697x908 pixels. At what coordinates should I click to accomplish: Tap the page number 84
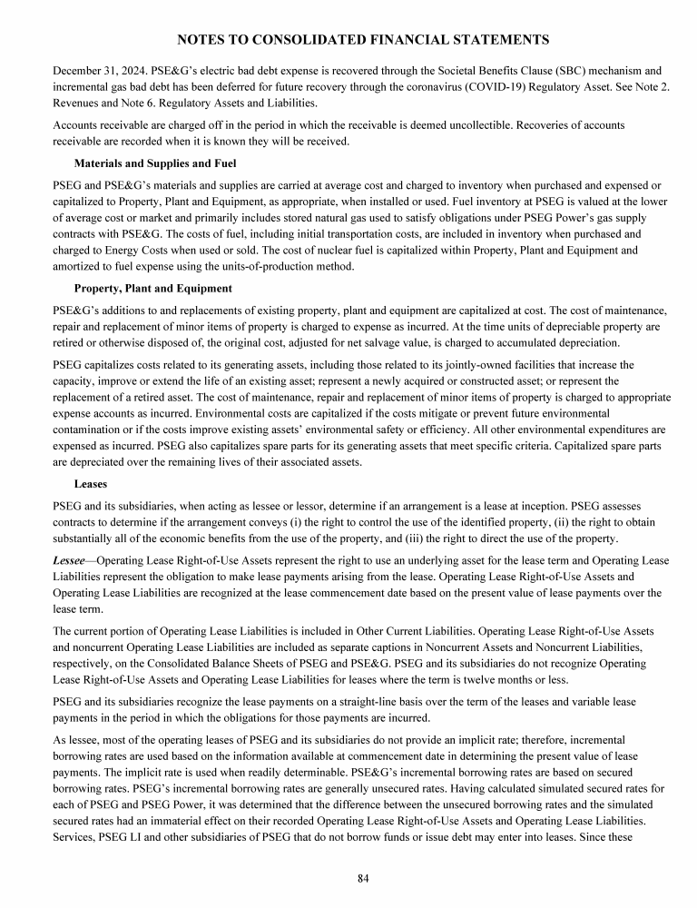tap(363, 878)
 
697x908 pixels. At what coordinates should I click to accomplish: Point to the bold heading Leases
tap(90, 484)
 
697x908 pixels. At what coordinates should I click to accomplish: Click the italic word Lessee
tap(69, 561)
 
